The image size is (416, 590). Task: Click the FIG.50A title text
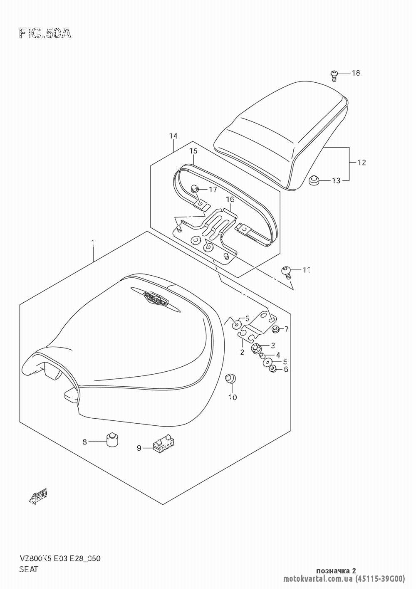coord(45,33)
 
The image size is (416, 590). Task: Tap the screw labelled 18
coord(334,75)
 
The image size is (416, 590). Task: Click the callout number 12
coord(361,162)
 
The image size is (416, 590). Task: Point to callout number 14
coord(173,136)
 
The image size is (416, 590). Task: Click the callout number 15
coord(193,151)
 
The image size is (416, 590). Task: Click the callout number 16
coord(230,200)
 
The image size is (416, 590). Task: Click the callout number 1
coord(93,242)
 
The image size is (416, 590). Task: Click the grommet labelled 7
coord(275,329)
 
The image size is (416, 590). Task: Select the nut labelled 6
coord(272,368)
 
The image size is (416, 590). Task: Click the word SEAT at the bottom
coord(28,570)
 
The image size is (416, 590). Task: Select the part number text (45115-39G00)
coord(380,578)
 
